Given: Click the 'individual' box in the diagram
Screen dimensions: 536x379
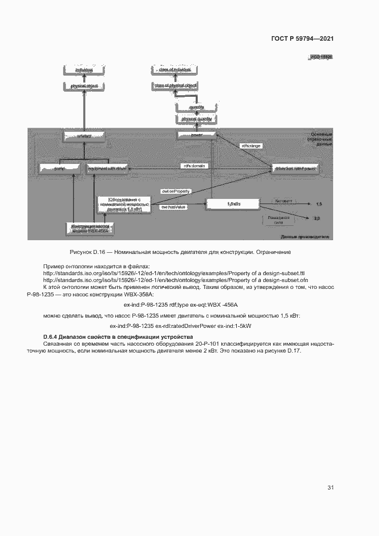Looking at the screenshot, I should [x=84, y=69].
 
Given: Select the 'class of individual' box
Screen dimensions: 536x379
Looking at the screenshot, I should [x=175, y=69].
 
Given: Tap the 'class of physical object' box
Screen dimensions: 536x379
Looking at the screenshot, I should [x=175, y=85].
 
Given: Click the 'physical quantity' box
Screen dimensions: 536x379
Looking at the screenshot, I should [x=197, y=119].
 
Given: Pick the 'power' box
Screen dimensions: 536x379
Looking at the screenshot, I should [x=197, y=135].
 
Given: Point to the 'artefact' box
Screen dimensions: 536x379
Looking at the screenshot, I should [x=84, y=136].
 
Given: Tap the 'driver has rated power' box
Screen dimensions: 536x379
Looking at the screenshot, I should [x=295, y=169].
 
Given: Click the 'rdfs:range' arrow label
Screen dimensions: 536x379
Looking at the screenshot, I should [x=251, y=146].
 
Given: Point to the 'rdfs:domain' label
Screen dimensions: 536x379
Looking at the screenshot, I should [x=194, y=165].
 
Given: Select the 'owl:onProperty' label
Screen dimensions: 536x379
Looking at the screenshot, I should [x=175, y=191].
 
